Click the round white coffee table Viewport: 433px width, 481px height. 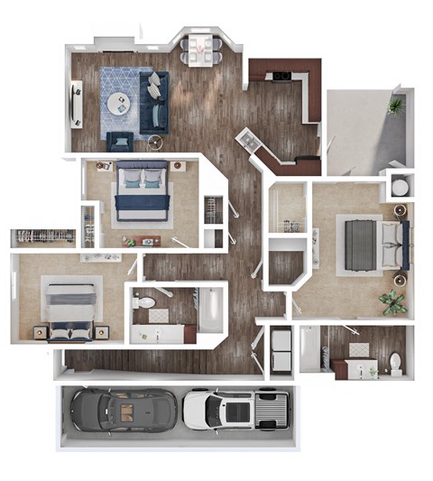click(119, 104)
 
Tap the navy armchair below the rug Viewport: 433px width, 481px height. click(119, 141)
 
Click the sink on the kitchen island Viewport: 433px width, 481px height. click(246, 141)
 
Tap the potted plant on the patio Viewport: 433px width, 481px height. click(395, 106)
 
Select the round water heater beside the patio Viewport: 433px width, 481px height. click(398, 187)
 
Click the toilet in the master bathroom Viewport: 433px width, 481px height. click(394, 363)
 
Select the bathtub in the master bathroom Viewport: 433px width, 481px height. click(309, 350)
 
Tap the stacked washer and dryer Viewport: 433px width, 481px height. click(281, 351)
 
